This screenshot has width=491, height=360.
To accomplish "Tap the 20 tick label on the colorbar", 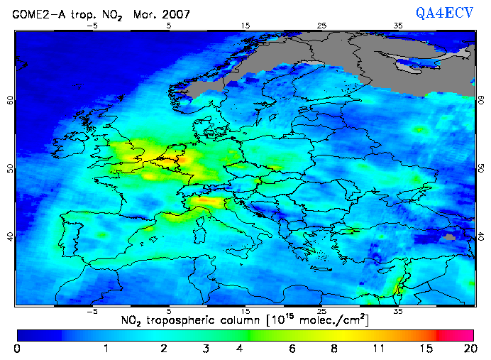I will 468,349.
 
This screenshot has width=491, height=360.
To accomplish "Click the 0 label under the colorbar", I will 17,349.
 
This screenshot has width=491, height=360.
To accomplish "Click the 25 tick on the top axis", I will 321,26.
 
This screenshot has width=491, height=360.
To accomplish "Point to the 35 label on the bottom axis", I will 398,311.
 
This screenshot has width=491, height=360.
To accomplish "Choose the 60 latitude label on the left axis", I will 10,100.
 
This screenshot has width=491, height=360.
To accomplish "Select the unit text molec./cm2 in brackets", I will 329,321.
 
